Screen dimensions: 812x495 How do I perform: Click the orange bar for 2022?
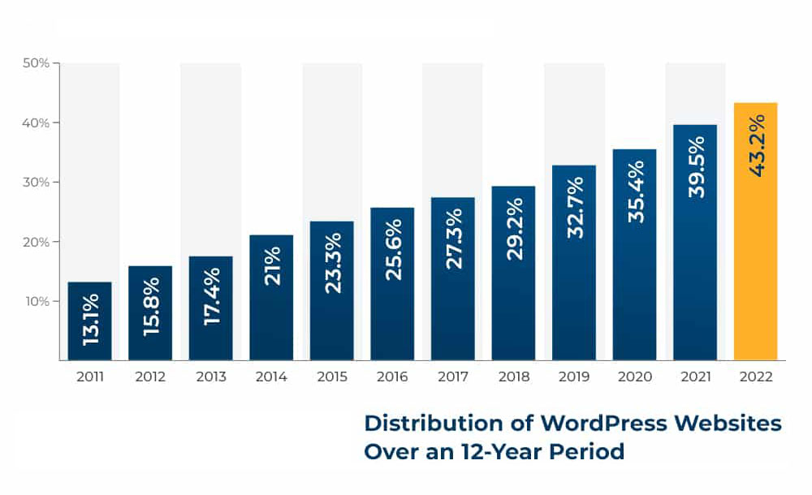point(755,231)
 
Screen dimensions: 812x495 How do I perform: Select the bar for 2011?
point(89,321)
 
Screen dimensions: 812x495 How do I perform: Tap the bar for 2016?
point(392,284)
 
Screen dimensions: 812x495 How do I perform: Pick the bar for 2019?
point(574,263)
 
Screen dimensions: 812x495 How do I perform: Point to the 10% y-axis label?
point(37,301)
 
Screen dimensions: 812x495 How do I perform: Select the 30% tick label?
point(36,183)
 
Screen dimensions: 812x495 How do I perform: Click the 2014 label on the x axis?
point(271,377)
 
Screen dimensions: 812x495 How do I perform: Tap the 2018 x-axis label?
point(514,377)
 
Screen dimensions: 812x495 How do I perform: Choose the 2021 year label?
point(696,377)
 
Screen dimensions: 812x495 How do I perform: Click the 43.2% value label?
point(757,146)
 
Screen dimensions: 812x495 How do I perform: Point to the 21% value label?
point(272,265)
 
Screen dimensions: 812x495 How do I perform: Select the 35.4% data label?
point(636,192)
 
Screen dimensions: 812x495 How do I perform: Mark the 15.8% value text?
point(151,307)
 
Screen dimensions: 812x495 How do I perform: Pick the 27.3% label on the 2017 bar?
point(454,239)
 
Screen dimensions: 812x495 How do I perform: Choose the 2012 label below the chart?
point(150,377)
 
